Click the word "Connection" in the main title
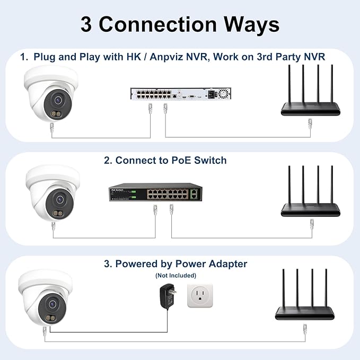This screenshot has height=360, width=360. coord(157,24)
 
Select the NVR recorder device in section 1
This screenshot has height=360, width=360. coord(181,94)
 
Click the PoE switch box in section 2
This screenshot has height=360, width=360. coord(155,192)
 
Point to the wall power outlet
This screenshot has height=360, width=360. coord(200,296)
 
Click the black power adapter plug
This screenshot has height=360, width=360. coord(168,296)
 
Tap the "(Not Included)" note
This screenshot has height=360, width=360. coord(175,275)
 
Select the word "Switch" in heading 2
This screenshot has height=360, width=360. coord(210,160)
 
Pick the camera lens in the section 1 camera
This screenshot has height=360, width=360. coord(58,100)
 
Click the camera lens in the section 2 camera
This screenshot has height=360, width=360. coord(59,199)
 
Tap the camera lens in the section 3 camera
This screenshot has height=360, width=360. coord(52,304)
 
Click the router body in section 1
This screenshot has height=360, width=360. coord(311,109)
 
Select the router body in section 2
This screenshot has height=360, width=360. coord(311,210)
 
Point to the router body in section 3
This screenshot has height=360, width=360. coord(305,313)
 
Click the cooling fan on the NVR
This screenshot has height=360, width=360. coord(223,94)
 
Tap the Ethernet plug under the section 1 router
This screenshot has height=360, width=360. coord(310,124)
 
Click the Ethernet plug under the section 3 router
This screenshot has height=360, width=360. coord(305,329)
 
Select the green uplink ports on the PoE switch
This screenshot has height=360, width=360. coord(194,194)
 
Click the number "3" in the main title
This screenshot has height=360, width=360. coord(86,25)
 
